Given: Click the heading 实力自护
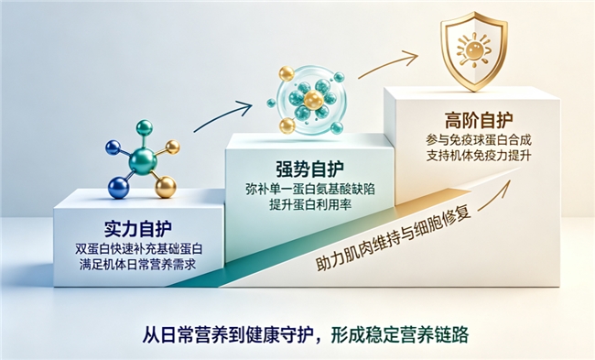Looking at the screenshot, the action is pyautogui.click(x=137, y=228).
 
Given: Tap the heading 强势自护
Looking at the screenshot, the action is pyautogui.click(x=309, y=169).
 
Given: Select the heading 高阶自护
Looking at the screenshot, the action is pyautogui.click(x=479, y=120).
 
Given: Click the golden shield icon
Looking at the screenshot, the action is pyautogui.click(x=473, y=51).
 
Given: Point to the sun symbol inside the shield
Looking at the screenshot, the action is pyautogui.click(x=473, y=49).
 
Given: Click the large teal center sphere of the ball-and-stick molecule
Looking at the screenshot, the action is pyautogui.click(x=142, y=162).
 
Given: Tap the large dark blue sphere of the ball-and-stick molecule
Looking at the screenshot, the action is pyautogui.click(x=119, y=187).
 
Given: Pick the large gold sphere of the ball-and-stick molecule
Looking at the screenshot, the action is pyautogui.click(x=166, y=187).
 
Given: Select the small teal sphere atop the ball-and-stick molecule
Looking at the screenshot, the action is pyautogui.click(x=144, y=128).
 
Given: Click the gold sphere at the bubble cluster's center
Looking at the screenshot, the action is pyautogui.click(x=314, y=100).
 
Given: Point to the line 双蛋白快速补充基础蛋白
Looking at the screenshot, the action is pyautogui.click(x=138, y=249).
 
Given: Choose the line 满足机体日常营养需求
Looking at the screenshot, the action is pyautogui.click(x=137, y=264).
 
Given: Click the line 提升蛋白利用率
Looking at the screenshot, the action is pyautogui.click(x=310, y=204).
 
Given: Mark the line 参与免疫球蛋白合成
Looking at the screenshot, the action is pyautogui.click(x=479, y=140).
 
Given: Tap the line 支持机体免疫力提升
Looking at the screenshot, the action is pyautogui.click(x=479, y=156).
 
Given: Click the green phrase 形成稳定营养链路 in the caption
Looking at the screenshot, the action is pyautogui.click(x=400, y=334).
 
